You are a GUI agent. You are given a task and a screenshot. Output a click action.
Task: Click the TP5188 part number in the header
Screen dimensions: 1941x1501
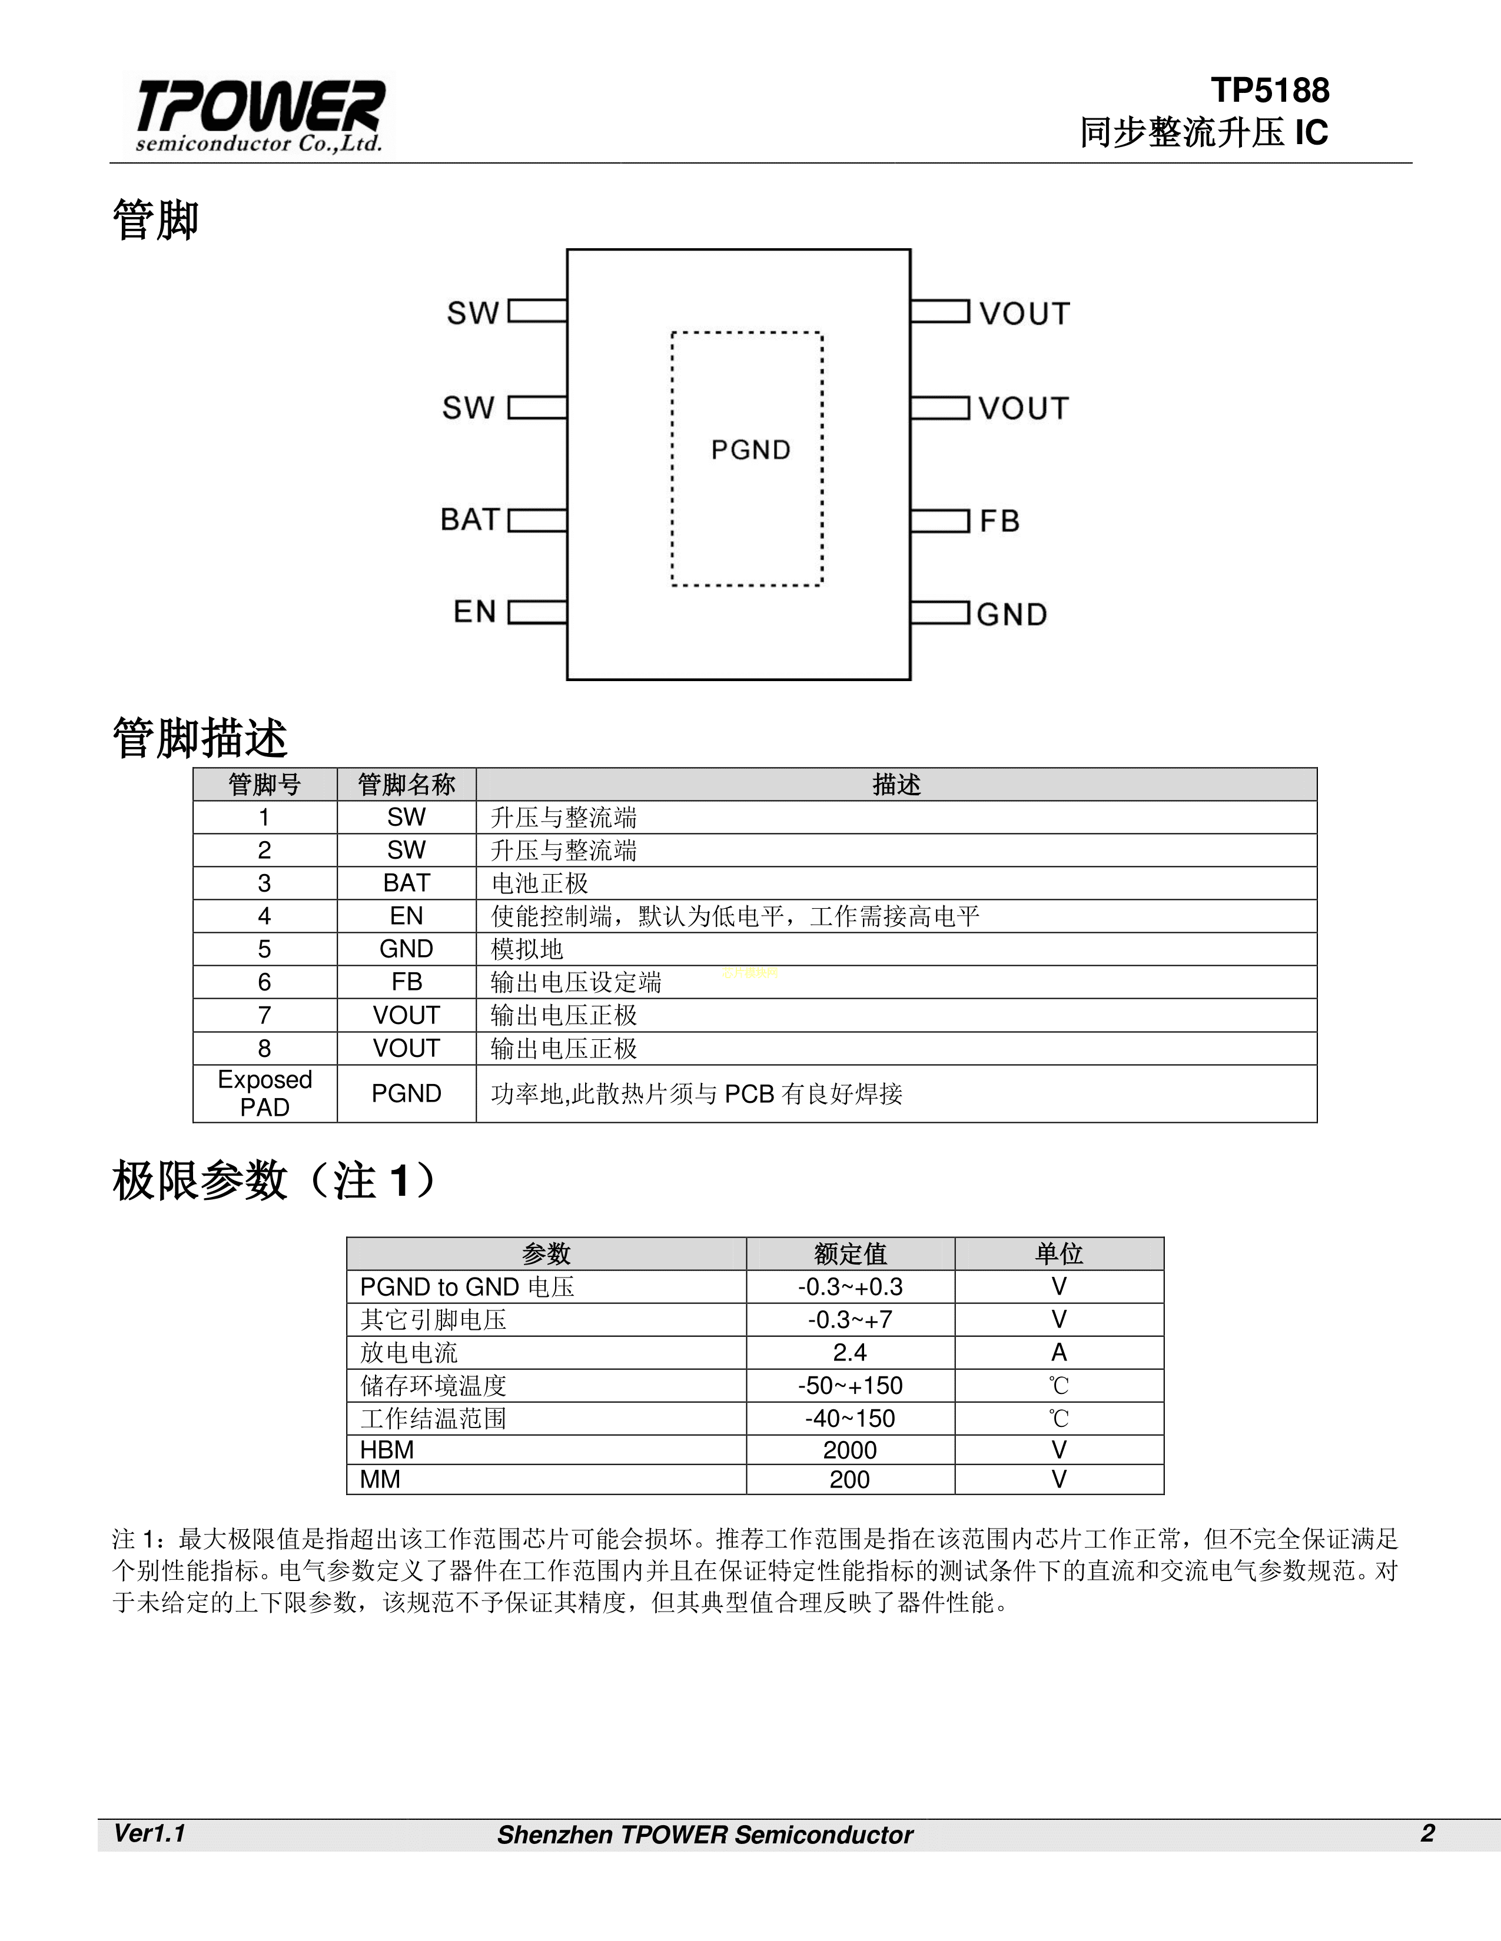tap(1270, 91)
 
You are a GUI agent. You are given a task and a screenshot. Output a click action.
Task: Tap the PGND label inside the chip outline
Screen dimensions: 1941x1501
tap(750, 451)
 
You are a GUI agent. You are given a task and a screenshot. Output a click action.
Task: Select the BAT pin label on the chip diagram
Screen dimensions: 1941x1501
tap(470, 520)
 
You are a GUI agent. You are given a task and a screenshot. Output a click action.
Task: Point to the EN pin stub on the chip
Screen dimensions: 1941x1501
tap(537, 612)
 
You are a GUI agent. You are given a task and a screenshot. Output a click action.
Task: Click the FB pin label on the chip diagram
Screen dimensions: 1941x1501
tap(999, 522)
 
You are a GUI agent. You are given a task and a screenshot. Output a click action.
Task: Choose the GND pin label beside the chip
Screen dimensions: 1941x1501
tap(1012, 615)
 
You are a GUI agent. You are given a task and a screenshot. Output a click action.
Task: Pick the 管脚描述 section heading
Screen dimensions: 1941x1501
tap(200, 739)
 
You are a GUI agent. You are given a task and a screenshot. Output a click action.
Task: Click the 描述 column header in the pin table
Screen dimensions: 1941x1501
tap(896, 785)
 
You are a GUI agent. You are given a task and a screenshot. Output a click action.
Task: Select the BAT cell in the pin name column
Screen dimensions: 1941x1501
tap(406, 883)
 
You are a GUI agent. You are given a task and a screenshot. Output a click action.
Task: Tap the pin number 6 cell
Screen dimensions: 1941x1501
tap(264, 982)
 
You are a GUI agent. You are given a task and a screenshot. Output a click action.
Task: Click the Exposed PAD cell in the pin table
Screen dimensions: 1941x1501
tap(264, 1093)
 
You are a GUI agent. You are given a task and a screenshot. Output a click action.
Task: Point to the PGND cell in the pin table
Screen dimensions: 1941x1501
tap(406, 1094)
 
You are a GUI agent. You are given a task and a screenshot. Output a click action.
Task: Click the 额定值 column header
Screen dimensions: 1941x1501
tap(850, 1254)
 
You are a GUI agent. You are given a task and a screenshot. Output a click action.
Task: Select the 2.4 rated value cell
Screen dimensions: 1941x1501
tap(850, 1353)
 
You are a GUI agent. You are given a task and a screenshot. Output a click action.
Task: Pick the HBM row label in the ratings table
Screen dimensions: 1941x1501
tap(387, 1450)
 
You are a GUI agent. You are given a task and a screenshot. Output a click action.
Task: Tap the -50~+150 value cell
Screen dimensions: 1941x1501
tap(850, 1386)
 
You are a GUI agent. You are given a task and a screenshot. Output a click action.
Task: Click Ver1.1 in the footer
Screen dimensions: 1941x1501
tap(150, 1833)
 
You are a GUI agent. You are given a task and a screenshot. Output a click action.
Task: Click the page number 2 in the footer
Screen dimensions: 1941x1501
tap(1427, 1833)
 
